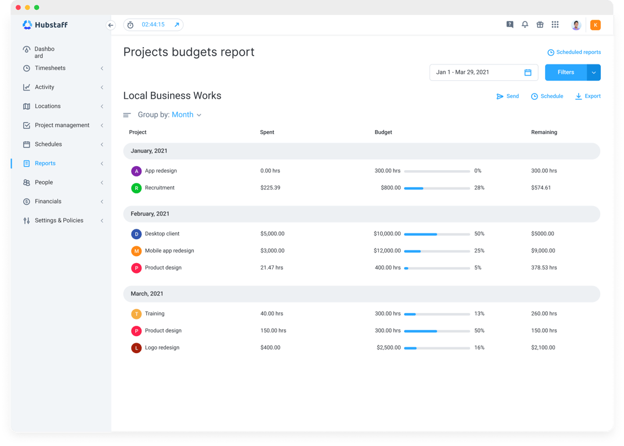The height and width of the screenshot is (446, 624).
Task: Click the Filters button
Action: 565,73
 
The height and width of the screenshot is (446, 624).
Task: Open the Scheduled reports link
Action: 574,52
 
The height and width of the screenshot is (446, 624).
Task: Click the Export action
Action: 588,96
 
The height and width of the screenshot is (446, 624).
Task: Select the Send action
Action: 507,96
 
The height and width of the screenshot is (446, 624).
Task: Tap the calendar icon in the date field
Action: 528,73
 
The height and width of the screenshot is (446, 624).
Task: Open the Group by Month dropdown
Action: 186,115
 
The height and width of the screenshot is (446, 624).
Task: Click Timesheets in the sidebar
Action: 50,69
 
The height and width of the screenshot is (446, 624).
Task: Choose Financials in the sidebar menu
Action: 48,202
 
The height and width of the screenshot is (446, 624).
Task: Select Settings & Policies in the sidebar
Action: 59,221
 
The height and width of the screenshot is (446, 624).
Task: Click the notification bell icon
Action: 525,25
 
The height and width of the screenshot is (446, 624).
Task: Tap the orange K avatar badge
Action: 595,25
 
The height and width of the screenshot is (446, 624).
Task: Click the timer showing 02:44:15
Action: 153,25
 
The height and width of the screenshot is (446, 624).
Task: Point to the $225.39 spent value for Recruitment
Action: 270,188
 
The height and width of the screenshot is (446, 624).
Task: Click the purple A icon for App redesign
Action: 136,171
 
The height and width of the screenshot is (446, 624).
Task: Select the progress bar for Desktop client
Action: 437,234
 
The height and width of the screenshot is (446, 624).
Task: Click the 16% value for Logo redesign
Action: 479,348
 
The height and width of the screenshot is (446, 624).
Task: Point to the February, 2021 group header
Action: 150,214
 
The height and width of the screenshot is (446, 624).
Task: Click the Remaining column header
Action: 544,132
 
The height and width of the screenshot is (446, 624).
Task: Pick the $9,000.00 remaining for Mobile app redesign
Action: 543,251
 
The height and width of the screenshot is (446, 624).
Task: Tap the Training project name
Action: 155,314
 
